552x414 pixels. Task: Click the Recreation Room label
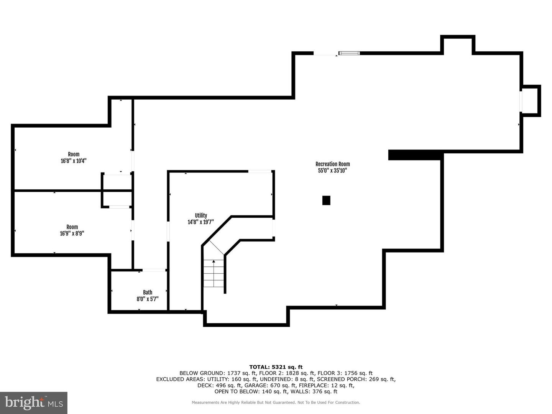coord(332,164)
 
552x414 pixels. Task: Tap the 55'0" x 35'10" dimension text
coord(332,171)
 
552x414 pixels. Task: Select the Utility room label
coord(201,215)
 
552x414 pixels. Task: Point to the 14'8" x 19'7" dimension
coord(200,222)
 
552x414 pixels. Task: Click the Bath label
coord(148,292)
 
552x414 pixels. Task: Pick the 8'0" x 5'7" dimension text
coord(148,299)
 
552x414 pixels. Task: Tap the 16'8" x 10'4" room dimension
coord(74,161)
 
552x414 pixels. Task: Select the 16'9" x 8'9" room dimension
coord(72,233)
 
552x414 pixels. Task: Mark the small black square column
coord(326,200)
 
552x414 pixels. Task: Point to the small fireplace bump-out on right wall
coord(531,101)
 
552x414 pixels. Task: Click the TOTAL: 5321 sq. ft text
coord(276,367)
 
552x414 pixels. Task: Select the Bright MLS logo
coord(34,402)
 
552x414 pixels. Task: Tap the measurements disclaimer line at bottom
coord(276,402)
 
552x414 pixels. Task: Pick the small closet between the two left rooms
coord(117,191)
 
